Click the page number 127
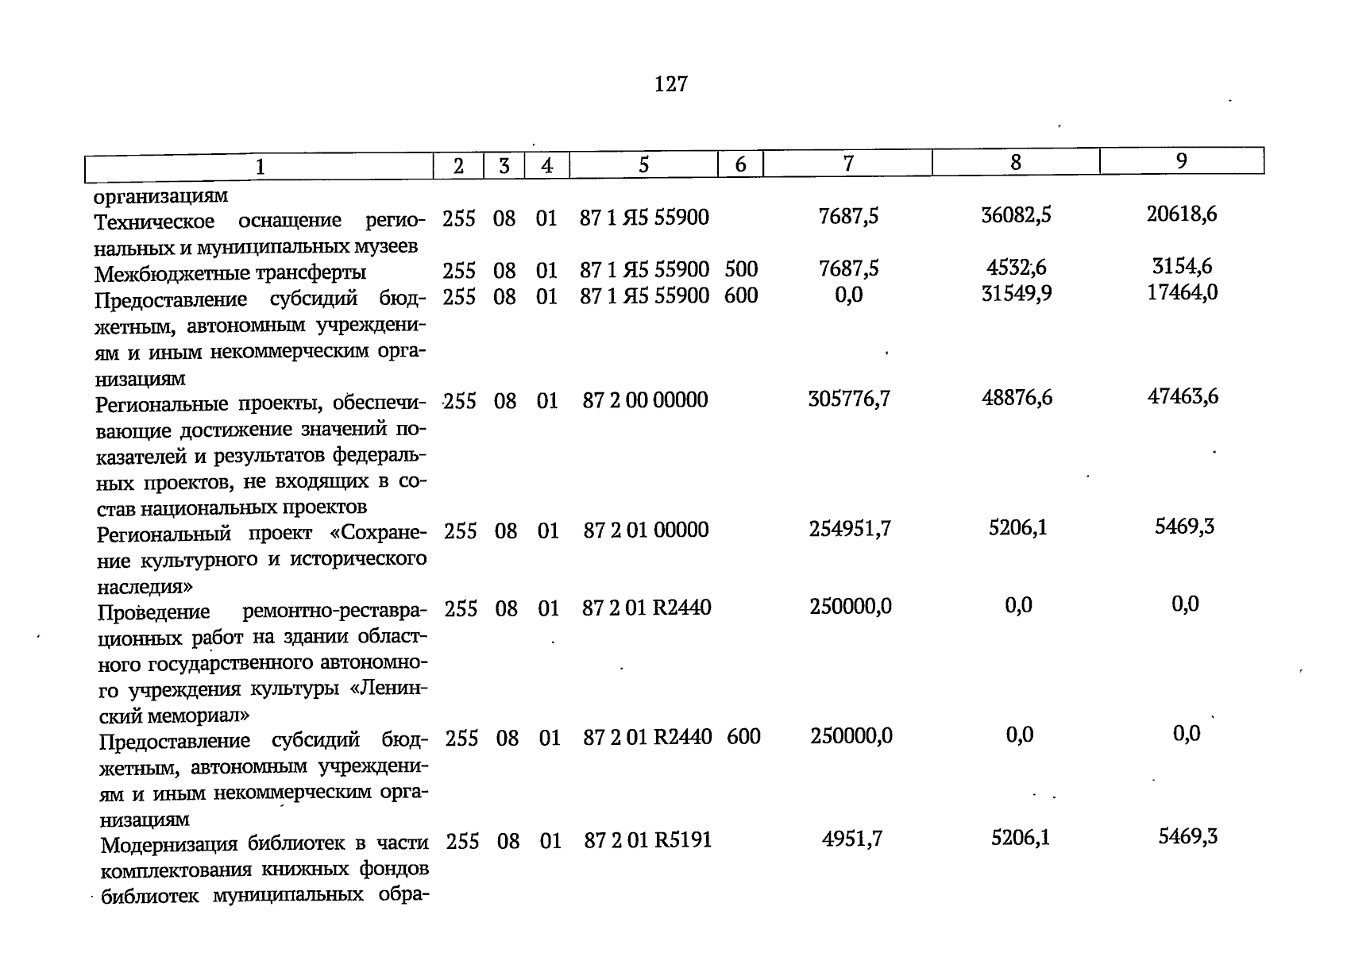[671, 83]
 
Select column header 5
[643, 164]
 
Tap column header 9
[1181, 161]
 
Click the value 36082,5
[1016, 215]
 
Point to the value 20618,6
[1182, 214]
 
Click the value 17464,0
[1183, 292]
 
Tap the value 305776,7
[849, 399]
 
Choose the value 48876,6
[1017, 398]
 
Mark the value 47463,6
[1183, 396]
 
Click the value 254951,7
[850, 529]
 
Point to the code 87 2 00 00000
[645, 400]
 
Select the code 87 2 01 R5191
[647, 840]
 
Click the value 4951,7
[851, 839]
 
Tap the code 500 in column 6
[741, 269]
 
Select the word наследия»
[145, 587]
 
